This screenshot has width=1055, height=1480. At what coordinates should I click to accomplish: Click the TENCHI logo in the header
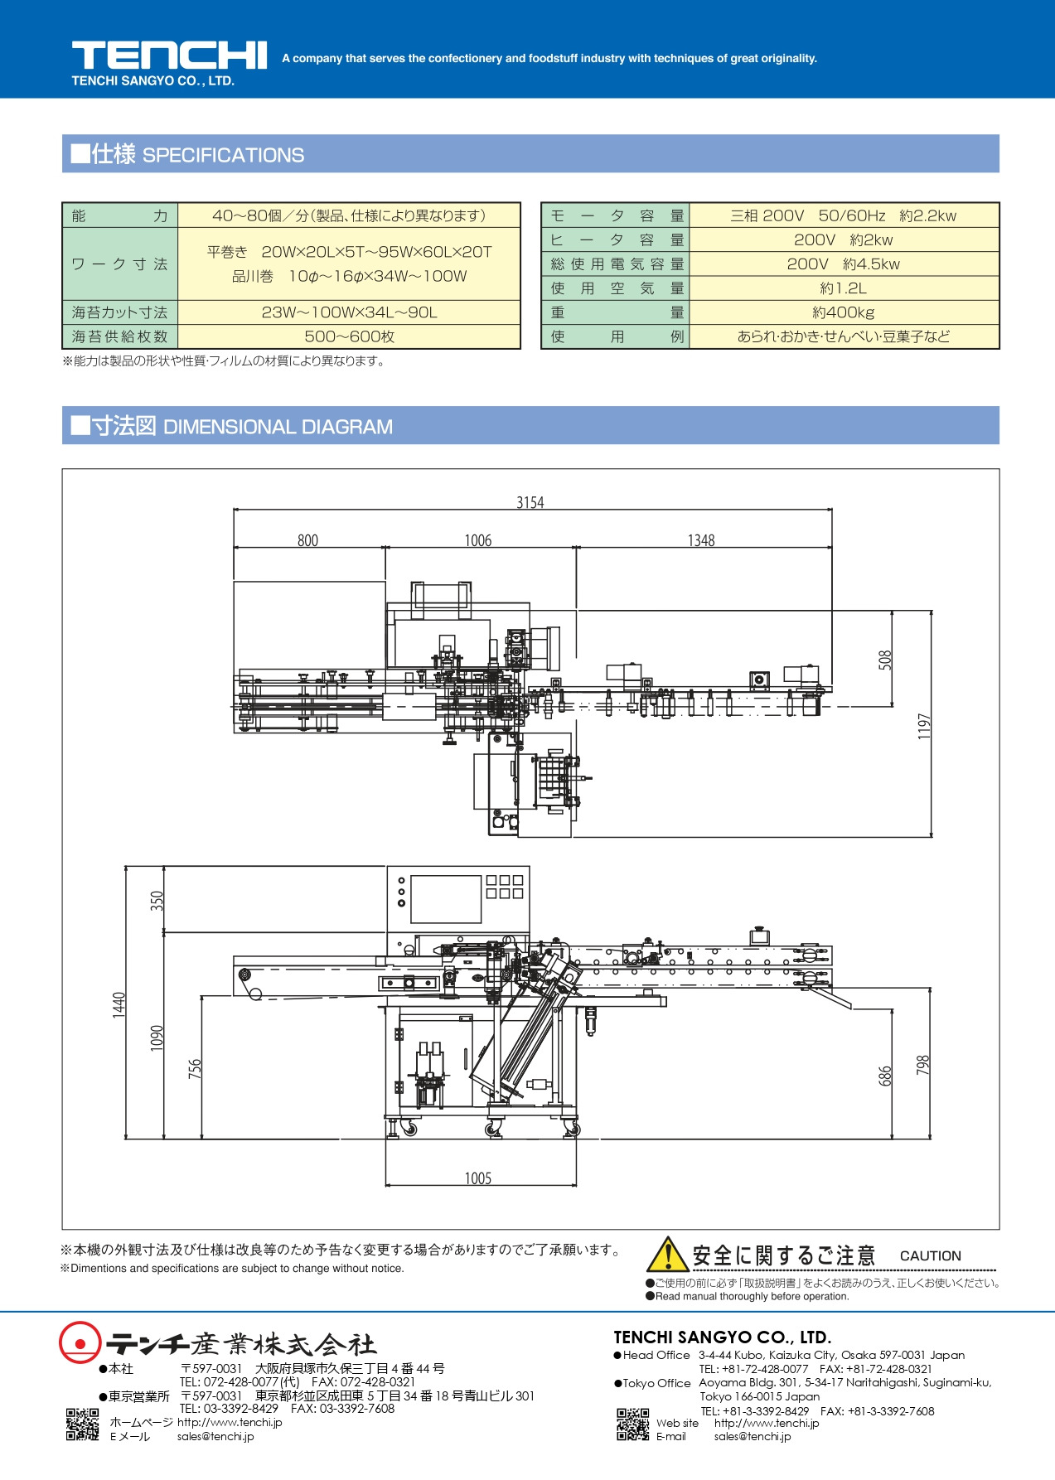[169, 56]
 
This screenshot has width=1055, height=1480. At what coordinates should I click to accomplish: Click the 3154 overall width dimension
[530, 502]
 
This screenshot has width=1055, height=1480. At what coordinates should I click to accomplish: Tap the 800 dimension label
[307, 540]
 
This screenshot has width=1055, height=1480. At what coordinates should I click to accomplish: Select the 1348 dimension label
[701, 540]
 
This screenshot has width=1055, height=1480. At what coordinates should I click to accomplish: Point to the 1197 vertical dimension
[924, 726]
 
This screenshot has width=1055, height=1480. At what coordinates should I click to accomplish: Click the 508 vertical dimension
[885, 660]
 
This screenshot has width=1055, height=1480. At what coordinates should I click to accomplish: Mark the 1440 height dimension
[119, 1004]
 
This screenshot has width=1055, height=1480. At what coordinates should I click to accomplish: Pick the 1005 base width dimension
[478, 1178]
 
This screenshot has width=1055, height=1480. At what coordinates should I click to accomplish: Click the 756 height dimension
[195, 1068]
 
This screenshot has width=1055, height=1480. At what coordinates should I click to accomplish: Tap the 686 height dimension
[885, 1076]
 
